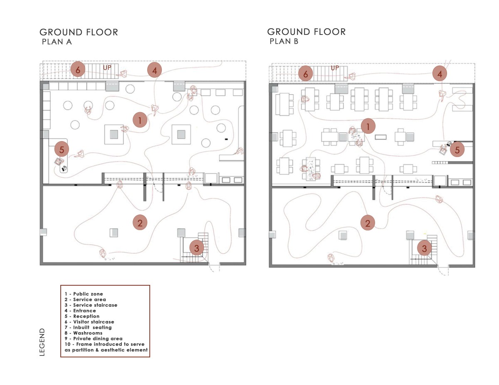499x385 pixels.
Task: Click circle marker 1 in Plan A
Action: [140, 120]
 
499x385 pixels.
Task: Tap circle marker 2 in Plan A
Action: [140, 223]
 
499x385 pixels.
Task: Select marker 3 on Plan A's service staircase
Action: [197, 248]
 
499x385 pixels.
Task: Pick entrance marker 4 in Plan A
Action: [154, 71]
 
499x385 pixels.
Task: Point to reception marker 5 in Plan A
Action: [62, 149]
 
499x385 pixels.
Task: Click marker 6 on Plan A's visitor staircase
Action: [77, 69]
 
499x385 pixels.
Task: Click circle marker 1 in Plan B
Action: [368, 125]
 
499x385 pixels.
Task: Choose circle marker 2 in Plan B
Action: [368, 223]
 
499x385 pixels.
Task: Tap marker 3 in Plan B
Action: [424, 248]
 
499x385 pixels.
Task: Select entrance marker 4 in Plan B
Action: [440, 74]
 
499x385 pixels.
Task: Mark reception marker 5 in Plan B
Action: [457, 149]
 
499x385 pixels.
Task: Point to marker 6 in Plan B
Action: [306, 74]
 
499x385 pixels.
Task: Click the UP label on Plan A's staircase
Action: [107, 67]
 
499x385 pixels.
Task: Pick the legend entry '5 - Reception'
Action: [82, 316]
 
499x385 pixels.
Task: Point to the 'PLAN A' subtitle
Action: [57, 42]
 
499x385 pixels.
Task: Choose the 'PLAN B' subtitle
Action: [284, 41]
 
